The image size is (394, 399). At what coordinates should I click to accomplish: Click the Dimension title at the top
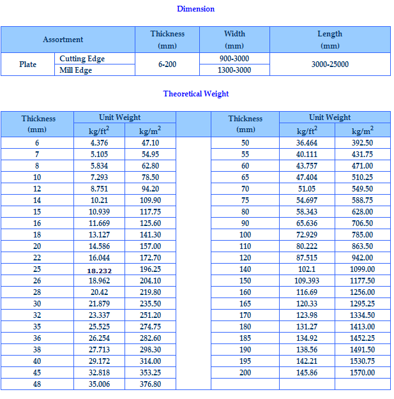pos(195,9)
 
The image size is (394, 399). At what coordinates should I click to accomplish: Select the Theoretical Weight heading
pos(195,94)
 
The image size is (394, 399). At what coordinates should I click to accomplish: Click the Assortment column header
pos(63,40)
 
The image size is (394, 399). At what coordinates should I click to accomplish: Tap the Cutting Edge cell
pos(82,59)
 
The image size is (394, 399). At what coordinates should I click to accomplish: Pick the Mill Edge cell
pos(75,70)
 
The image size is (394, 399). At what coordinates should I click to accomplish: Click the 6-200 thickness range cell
pos(167,64)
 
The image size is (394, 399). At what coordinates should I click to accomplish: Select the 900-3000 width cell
pos(234,59)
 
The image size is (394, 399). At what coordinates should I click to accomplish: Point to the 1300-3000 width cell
pos(234,70)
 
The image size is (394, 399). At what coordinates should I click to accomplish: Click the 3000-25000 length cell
pos(330,64)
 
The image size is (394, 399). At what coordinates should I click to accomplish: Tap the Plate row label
pos(27,64)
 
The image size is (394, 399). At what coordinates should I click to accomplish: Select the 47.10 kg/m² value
pos(150,143)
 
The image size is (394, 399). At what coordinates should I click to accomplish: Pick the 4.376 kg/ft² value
pos(99,143)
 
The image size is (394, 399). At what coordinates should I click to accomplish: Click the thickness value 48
pos(37,384)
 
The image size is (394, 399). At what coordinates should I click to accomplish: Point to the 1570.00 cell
pos(362,373)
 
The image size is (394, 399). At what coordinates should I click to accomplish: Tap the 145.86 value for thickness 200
pos(307,373)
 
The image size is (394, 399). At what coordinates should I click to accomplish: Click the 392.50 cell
pos(362,143)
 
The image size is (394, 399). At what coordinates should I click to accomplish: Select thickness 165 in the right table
pos(245,304)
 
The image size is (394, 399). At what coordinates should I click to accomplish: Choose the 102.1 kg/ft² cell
pos(307,269)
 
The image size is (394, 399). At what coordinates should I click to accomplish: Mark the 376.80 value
pos(150,384)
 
